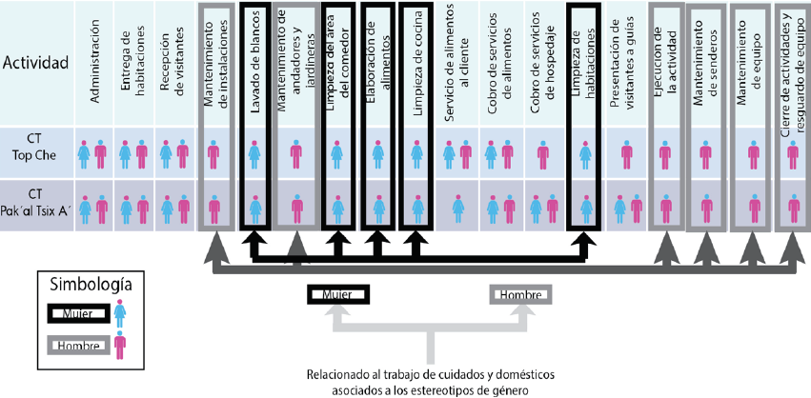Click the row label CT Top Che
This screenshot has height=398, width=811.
tap(35, 152)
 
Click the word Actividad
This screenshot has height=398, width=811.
tap(35, 64)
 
